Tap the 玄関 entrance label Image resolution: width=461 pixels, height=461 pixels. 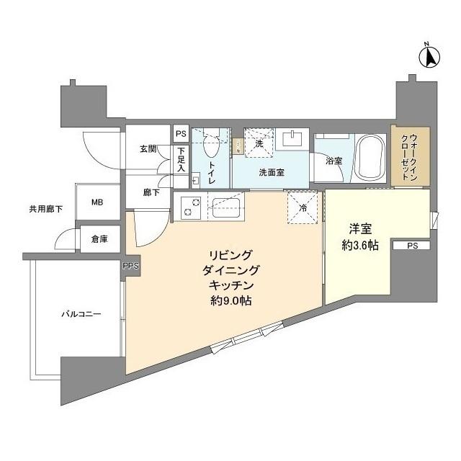click(x=148, y=149)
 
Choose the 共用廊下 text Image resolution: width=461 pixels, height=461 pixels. click(x=45, y=210)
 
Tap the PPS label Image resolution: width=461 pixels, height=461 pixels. click(x=131, y=267)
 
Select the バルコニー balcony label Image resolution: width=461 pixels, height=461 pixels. click(x=80, y=315)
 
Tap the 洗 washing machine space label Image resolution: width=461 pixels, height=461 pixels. click(x=259, y=144)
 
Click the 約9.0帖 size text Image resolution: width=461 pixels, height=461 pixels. click(x=230, y=300)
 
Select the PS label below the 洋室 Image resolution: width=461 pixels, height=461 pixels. click(x=411, y=246)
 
